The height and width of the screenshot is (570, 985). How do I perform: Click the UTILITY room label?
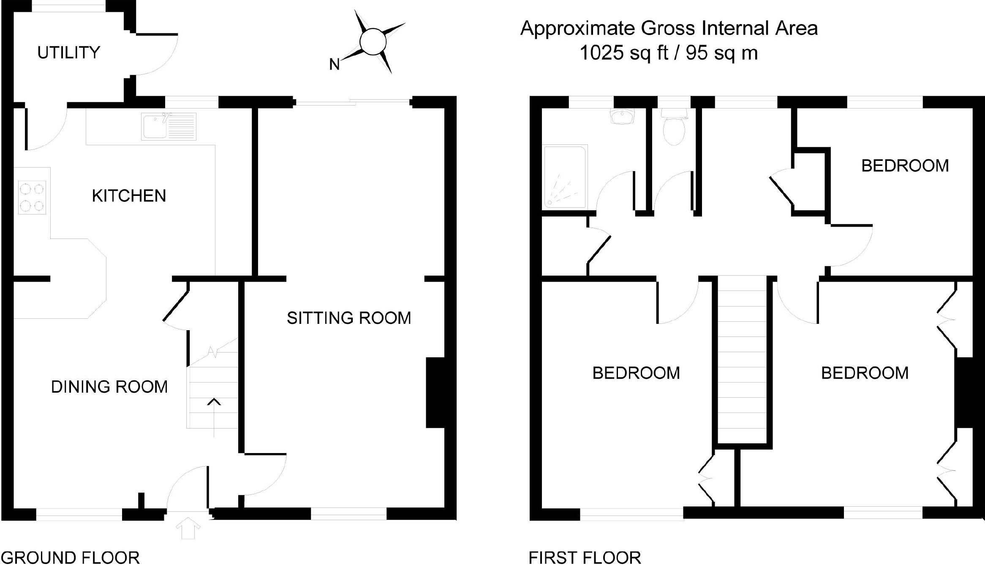(x=69, y=53)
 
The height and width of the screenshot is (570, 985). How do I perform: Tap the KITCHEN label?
(x=129, y=196)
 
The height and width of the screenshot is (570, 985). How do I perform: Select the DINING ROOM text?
(x=109, y=387)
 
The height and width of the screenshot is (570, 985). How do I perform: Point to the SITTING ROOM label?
(x=349, y=318)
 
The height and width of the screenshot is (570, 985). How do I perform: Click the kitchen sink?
(x=169, y=126)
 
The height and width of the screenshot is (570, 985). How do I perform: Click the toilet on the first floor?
(x=674, y=126)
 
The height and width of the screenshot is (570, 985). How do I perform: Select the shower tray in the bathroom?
(x=565, y=177)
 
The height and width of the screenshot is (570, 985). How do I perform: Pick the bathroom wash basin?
(x=623, y=116)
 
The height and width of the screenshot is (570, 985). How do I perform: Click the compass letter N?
(x=335, y=65)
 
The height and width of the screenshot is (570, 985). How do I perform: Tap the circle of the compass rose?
(x=373, y=41)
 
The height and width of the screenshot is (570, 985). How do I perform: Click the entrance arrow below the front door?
(x=188, y=529)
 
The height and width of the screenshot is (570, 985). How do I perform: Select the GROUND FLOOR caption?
(x=71, y=558)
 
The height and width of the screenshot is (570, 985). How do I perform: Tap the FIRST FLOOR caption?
(x=585, y=558)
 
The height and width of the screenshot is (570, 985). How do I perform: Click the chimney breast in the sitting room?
(x=435, y=393)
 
